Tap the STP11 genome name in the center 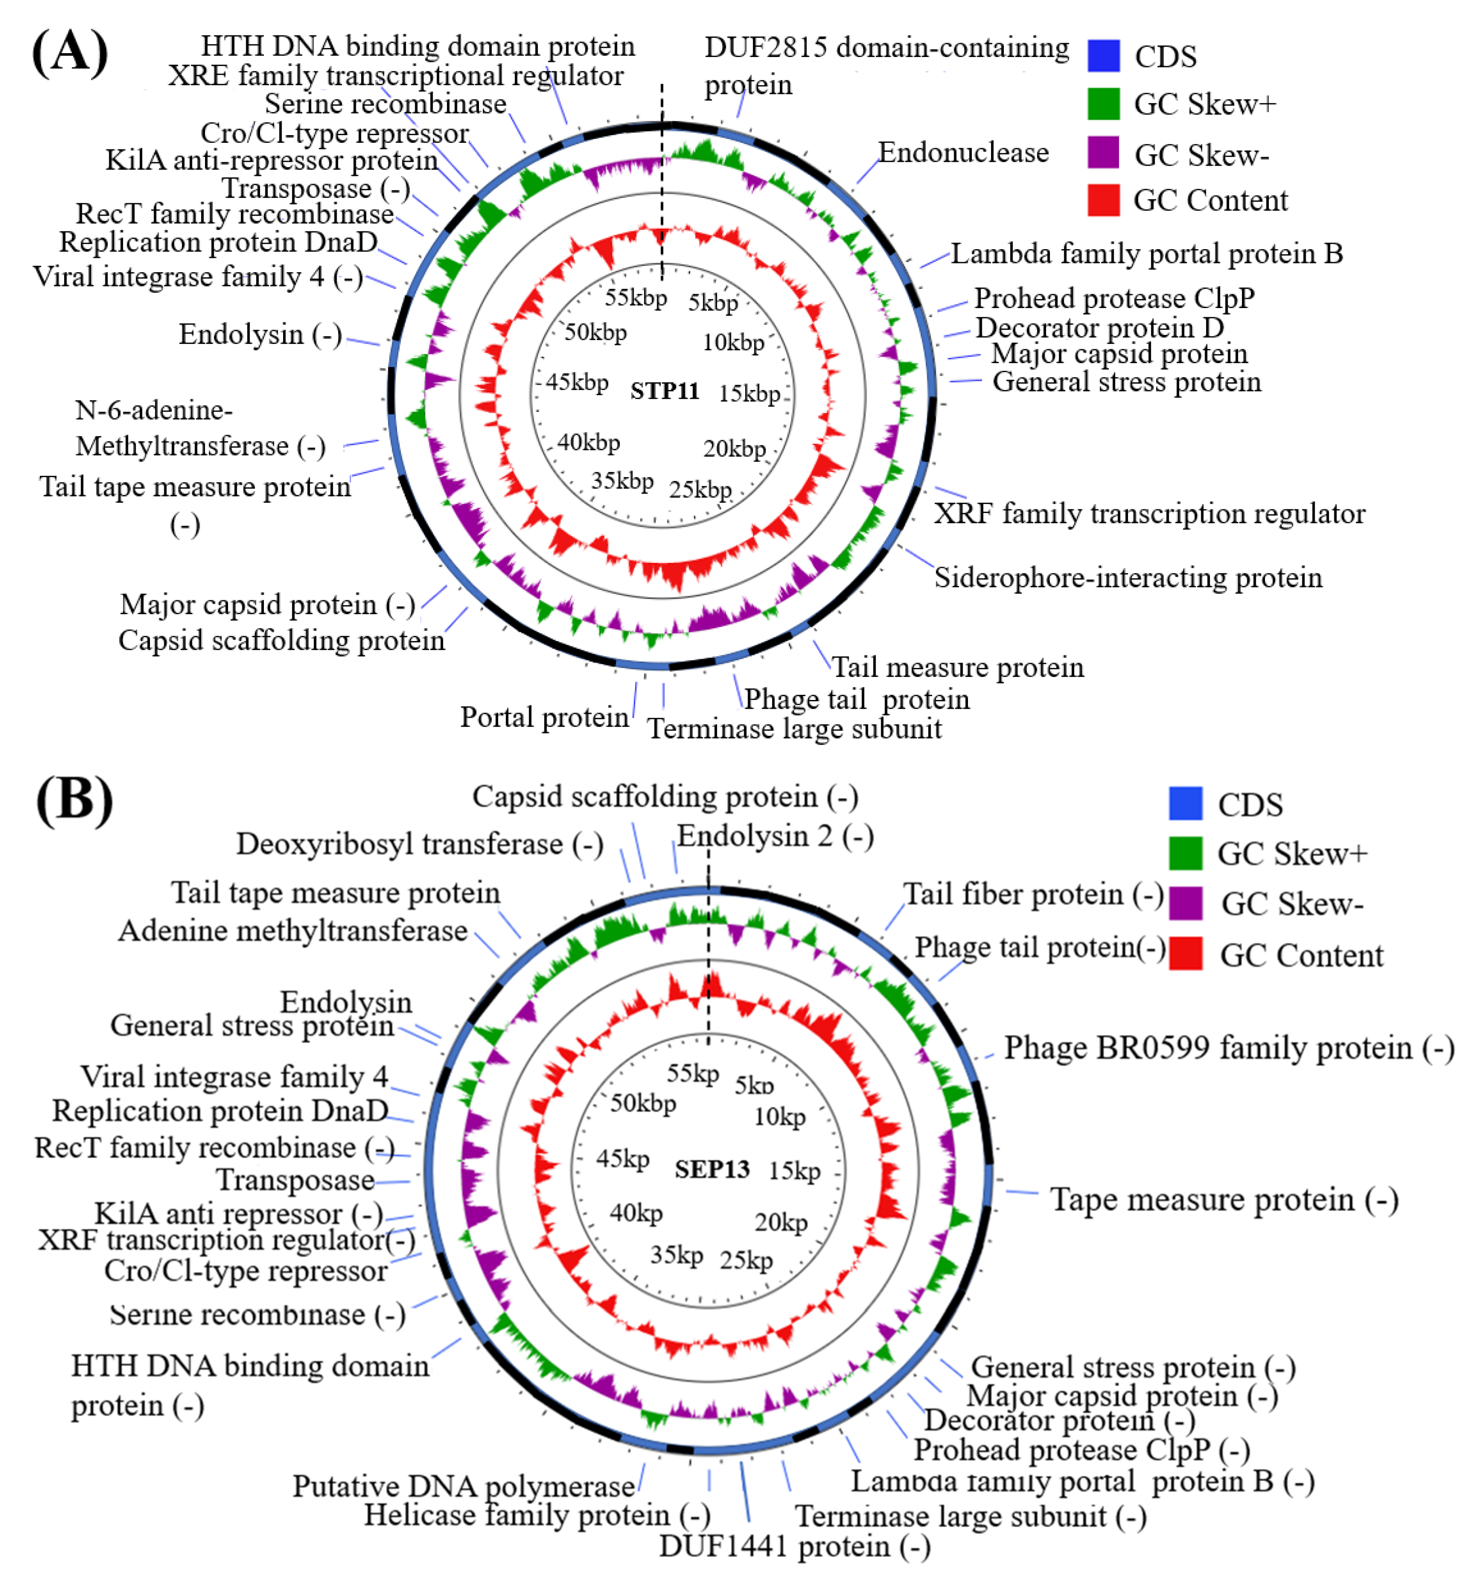pos(664,391)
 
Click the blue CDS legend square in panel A pos(1104,56)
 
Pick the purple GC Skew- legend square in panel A pos(1104,153)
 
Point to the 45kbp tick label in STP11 pos(577,382)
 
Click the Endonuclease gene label pos(963,153)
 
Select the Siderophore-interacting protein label pos(1127,578)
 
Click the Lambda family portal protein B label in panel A pos(1146,253)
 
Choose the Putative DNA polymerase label pos(464,1485)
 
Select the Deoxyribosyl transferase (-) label pos(420,844)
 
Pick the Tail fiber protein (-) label pos(1034,894)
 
